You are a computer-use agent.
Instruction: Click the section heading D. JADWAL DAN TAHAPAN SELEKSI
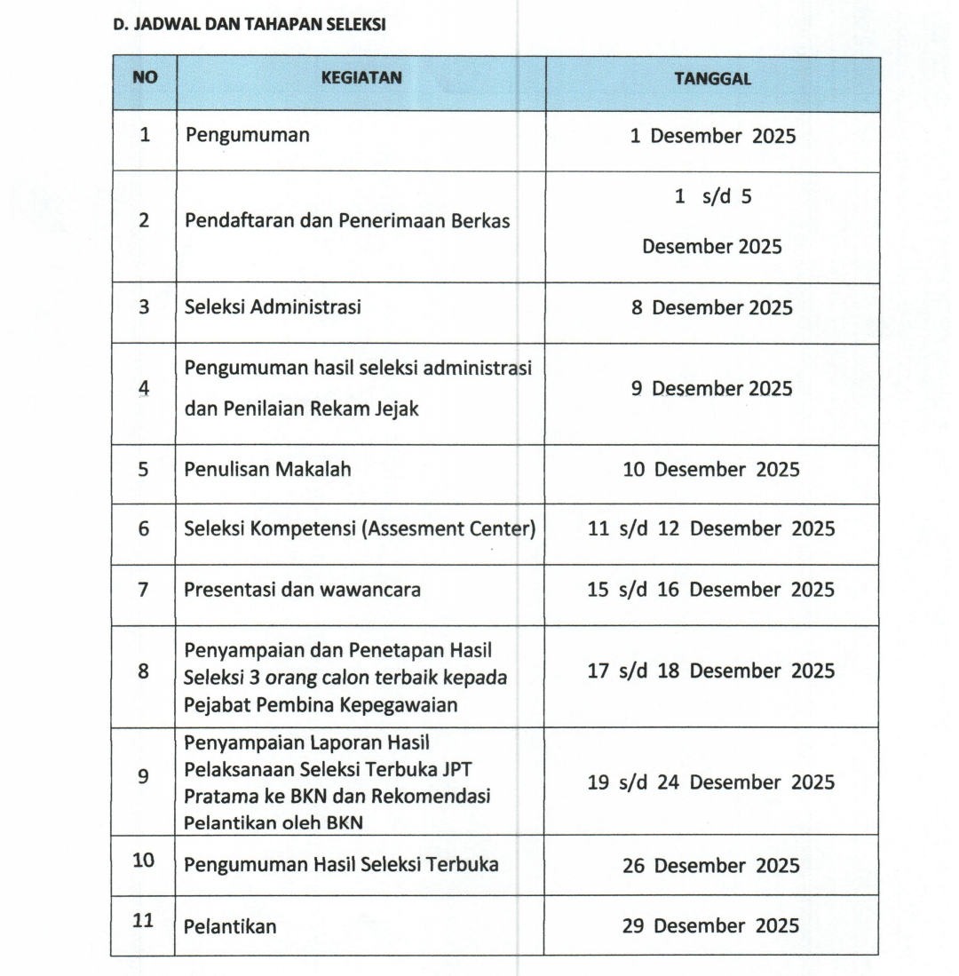(x=250, y=25)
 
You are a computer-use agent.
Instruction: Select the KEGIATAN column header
(x=361, y=77)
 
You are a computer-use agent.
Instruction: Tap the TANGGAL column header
(x=712, y=78)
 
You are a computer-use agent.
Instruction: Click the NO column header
(x=145, y=77)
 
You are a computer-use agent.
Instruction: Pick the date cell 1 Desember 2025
(x=712, y=137)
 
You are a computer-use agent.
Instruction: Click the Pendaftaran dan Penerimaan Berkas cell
(x=347, y=221)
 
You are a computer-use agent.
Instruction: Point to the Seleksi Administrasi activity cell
(x=273, y=307)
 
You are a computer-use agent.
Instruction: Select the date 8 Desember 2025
(x=712, y=307)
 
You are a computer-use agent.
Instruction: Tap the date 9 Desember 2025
(x=712, y=388)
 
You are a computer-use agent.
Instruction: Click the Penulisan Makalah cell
(x=267, y=469)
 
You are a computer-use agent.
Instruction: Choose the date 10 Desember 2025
(x=711, y=469)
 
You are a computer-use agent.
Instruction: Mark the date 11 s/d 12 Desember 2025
(x=711, y=528)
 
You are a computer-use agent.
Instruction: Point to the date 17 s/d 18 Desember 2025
(x=711, y=671)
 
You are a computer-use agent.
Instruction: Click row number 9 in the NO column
(x=144, y=775)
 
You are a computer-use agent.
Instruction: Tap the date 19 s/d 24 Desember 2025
(x=711, y=782)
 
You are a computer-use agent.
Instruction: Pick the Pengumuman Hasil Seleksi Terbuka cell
(x=341, y=864)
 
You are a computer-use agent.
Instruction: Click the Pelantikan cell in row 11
(x=230, y=926)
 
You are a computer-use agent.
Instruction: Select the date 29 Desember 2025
(x=711, y=925)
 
